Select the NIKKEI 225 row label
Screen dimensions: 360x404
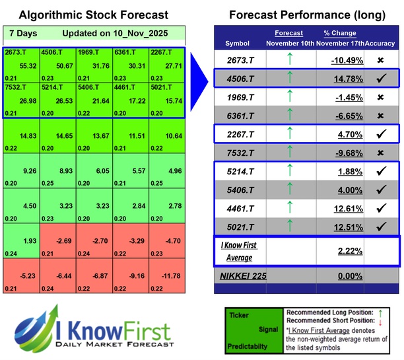[x=243, y=275]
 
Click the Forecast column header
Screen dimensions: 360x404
[x=288, y=33]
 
